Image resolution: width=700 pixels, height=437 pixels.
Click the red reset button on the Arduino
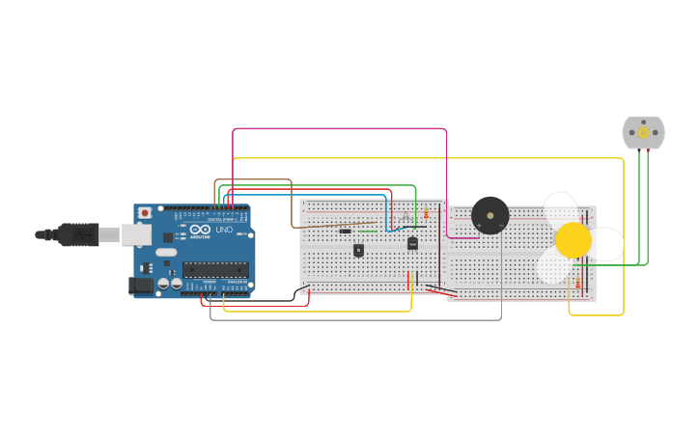click(145, 212)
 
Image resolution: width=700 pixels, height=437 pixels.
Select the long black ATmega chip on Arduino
click(215, 269)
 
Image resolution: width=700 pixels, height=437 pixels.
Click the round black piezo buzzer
click(490, 216)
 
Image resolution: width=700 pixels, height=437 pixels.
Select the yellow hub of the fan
click(573, 240)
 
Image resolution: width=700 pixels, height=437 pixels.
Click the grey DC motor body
click(643, 132)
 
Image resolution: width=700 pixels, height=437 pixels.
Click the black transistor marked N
click(358, 250)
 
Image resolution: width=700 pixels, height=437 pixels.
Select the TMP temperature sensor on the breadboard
click(412, 243)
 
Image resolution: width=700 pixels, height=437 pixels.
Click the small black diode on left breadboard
click(345, 231)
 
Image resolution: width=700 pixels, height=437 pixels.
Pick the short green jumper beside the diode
click(368, 231)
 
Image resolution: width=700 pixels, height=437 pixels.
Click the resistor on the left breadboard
click(426, 214)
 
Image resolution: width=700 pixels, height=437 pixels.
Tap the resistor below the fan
click(578, 283)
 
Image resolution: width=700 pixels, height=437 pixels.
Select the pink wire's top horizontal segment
click(338, 128)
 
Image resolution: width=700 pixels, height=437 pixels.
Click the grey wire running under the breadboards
click(357, 319)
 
